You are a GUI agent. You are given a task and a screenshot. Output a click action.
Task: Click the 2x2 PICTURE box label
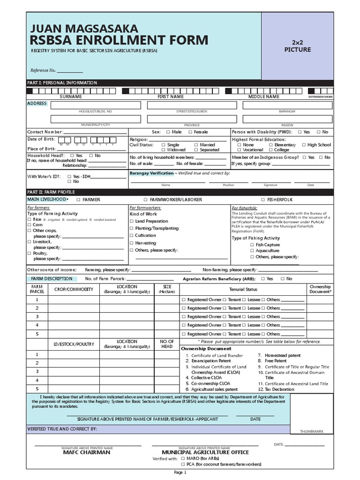pos(298,46)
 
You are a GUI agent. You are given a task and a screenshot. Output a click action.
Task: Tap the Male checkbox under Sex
pos(167,132)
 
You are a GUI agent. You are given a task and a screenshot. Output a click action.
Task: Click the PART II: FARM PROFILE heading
pos(51,192)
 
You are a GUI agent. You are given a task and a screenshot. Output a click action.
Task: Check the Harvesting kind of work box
pos(132,243)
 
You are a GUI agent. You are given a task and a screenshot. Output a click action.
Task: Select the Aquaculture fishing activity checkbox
pos(252,251)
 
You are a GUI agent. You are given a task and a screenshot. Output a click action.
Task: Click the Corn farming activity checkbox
pos(29,225)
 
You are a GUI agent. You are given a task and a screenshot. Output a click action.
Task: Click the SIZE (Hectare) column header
pos(167,289)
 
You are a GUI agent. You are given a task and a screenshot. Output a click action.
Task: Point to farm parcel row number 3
pos(37,317)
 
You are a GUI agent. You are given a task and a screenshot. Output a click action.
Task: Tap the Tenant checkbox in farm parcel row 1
pos(225,300)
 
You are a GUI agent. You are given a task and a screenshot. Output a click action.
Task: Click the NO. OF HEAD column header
pos(167,344)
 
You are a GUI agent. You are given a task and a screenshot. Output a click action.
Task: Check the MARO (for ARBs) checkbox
pos(183,458)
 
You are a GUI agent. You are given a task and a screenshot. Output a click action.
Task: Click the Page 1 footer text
pos(180,472)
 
